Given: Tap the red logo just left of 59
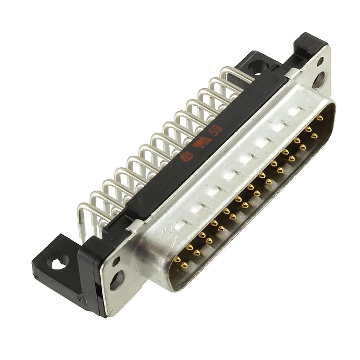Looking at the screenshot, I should point(198,143).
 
